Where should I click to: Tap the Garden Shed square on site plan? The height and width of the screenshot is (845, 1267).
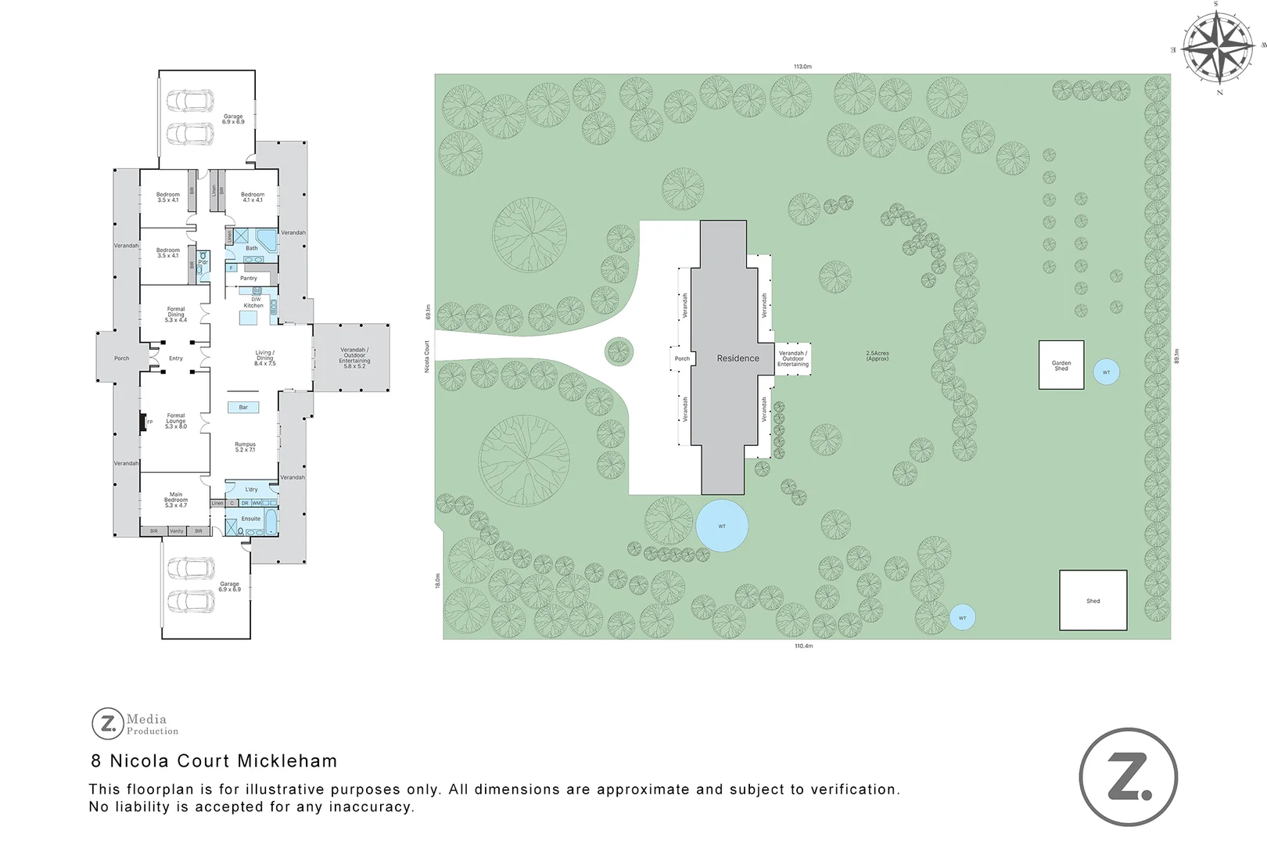pos(1061,365)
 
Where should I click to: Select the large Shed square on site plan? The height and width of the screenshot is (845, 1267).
pos(1093,600)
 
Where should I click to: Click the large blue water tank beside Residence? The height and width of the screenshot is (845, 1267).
pos(722,526)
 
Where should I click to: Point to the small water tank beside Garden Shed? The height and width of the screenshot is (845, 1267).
pos(1106,372)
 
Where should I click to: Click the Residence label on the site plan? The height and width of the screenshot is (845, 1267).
pos(738,358)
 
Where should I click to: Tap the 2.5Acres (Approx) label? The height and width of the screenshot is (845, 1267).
pos(878,355)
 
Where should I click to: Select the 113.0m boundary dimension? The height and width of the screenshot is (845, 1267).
pos(802,67)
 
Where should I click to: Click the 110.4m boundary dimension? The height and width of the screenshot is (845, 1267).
pos(803,646)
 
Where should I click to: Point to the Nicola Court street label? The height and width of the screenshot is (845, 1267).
pos(427,356)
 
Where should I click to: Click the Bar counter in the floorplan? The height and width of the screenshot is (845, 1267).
pos(243,407)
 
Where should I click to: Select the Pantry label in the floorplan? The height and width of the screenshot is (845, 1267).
pos(249,278)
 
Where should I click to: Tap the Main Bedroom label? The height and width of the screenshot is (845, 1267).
pos(175,500)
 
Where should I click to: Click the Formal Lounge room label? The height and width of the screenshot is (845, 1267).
pos(176,421)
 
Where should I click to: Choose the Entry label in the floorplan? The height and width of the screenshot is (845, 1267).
pos(176,358)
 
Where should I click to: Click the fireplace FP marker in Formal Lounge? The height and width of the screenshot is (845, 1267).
pos(149,422)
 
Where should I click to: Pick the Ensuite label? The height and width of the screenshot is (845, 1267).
pos(251,519)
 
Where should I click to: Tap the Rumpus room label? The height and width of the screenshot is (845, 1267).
pos(245,447)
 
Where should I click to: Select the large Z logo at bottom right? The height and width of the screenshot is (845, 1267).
pos(1128,777)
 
